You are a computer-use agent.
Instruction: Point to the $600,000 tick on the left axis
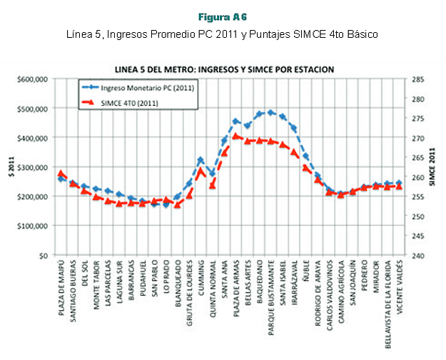[34, 79]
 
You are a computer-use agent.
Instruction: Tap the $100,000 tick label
[34, 226]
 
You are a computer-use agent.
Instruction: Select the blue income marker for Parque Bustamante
[270, 112]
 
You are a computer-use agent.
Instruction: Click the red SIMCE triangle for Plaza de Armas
[235, 135]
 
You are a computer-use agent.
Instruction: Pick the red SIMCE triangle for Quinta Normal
[212, 185]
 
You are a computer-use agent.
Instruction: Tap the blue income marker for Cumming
[201, 160]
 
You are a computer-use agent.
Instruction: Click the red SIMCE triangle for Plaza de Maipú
[61, 173]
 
